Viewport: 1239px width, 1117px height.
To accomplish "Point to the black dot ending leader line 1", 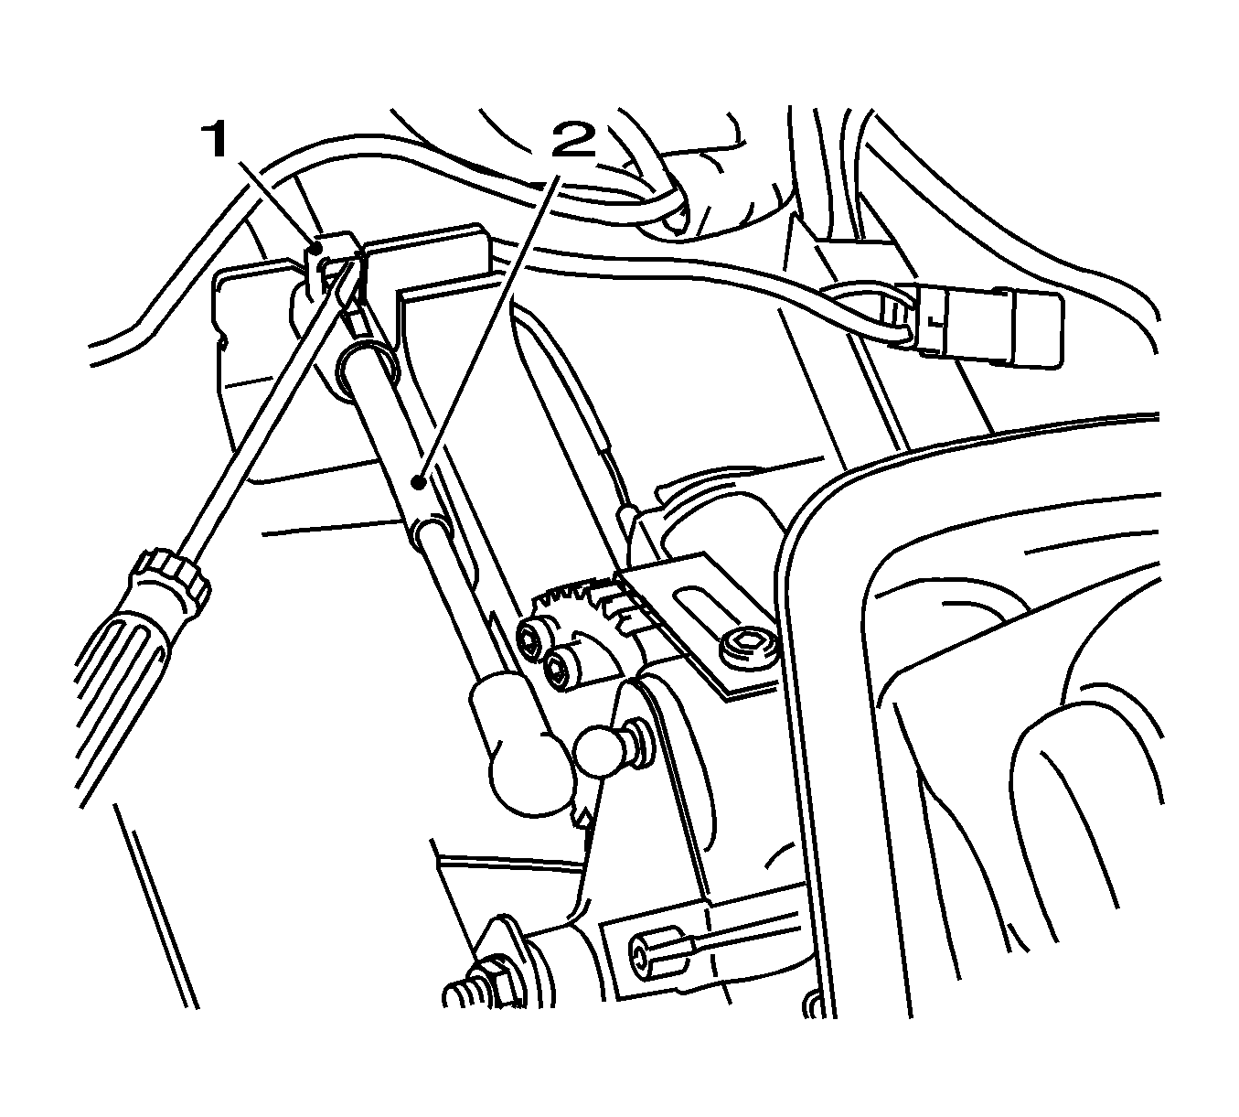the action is (315, 250).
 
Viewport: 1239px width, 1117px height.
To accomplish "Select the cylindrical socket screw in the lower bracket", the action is (656, 965).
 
